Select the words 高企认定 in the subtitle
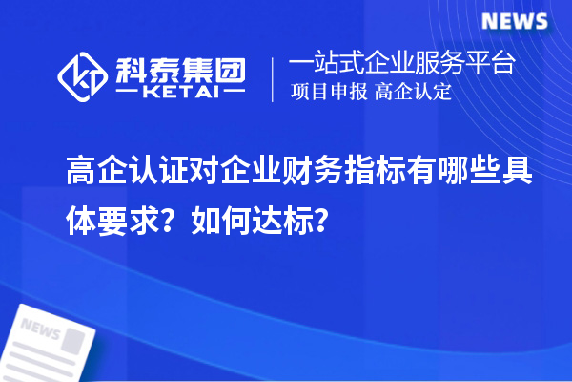point(413,93)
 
